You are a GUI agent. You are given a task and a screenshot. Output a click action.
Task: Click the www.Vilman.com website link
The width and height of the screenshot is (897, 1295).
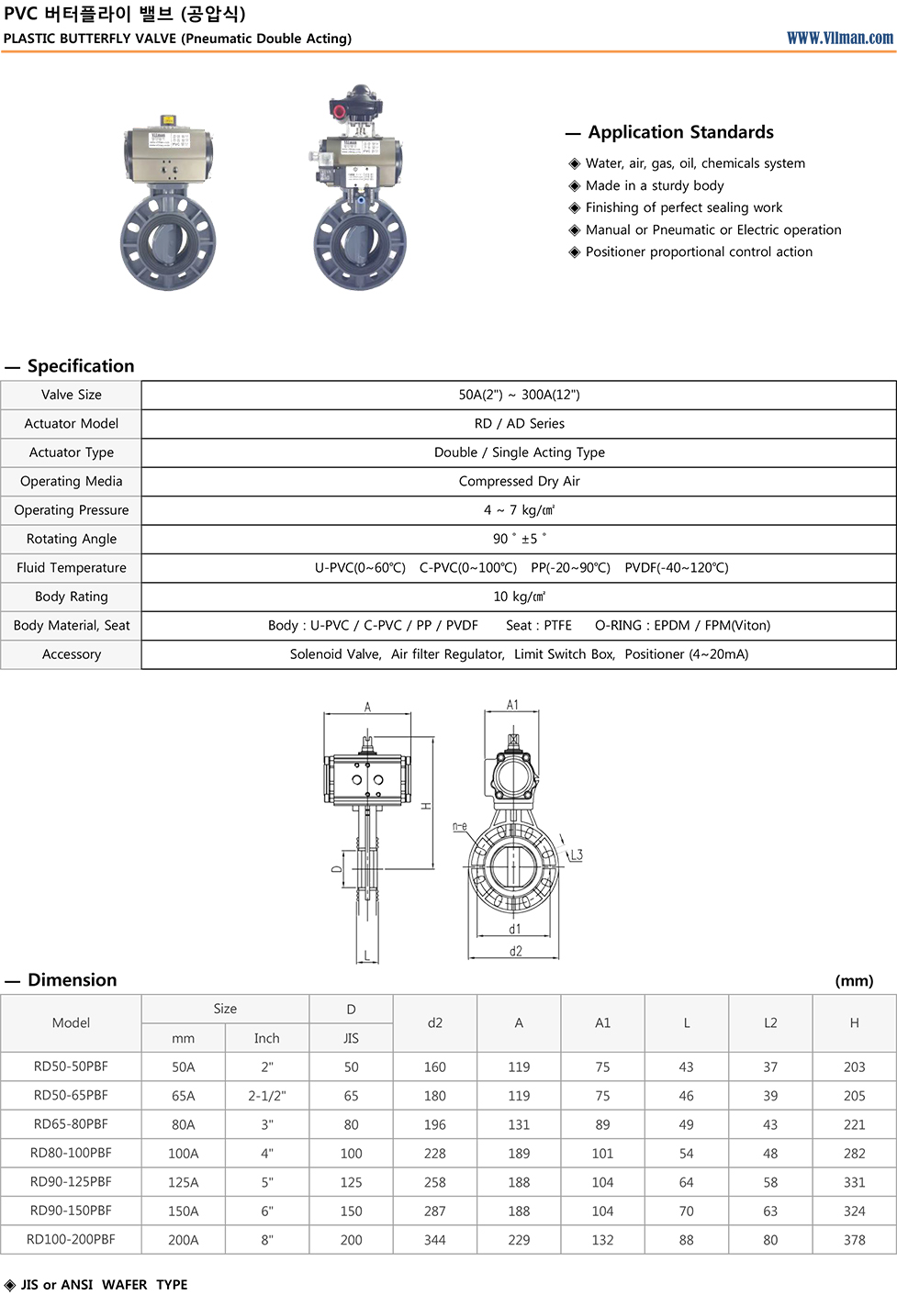839,38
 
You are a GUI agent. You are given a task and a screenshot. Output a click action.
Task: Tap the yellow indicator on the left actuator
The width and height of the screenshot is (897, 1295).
168,119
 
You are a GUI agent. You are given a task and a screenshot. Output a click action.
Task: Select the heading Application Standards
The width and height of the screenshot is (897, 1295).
680,132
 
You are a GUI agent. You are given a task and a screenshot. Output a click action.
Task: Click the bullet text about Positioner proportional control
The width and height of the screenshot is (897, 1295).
699,251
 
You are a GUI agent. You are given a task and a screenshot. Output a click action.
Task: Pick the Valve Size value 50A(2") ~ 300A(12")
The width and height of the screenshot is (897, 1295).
519,395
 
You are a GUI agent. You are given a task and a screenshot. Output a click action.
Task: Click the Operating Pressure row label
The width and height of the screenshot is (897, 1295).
72,510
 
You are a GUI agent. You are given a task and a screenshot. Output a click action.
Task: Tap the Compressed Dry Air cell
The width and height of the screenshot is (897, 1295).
519,481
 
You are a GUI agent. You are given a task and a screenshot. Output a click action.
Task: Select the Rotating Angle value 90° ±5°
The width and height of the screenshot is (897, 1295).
519,539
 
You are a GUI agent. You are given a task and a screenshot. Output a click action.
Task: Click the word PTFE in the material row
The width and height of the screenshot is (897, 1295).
557,625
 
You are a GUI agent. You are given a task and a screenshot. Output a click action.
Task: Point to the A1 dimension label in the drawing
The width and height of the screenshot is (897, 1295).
512,705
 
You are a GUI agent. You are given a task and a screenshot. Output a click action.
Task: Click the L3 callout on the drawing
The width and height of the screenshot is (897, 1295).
576,854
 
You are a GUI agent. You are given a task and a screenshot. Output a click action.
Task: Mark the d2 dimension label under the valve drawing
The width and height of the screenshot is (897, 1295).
515,951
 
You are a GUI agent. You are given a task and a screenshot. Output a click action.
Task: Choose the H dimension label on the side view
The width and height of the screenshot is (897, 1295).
426,806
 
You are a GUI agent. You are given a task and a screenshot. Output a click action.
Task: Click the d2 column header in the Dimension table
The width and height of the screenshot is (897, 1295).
435,1022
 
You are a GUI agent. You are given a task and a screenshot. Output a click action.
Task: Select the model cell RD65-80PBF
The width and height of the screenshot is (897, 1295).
71,1124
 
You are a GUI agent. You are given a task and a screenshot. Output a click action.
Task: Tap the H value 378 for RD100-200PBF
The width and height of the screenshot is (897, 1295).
854,1240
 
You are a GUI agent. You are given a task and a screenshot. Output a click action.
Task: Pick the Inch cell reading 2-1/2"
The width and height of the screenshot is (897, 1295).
266,1096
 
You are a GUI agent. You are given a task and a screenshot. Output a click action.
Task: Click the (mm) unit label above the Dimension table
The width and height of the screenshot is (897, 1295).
854,980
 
